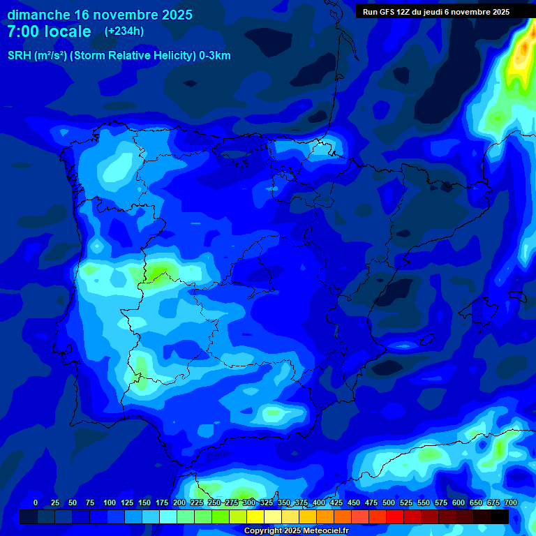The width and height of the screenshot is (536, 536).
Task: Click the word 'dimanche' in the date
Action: pos(38,15)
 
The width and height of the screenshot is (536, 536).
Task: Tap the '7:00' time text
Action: pos(23,31)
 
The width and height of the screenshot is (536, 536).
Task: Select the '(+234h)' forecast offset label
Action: pos(124,31)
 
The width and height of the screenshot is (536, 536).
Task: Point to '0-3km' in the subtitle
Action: pos(214,56)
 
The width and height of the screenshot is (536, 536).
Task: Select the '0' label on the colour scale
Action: pos(36,502)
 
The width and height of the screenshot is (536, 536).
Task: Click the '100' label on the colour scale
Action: pos(110,502)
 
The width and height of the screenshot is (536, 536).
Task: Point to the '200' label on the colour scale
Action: pos(179,502)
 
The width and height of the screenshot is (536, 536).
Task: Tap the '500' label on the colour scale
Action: pos(389,502)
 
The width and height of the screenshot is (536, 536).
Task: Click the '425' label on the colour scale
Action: pos(336,502)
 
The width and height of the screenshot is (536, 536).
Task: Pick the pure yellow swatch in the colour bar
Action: pos(255,516)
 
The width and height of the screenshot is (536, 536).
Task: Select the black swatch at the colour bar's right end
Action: pos(500,516)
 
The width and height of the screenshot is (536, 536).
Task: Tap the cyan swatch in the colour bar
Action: pos(168,516)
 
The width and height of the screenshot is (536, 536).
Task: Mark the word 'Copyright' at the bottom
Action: pos(263,531)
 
